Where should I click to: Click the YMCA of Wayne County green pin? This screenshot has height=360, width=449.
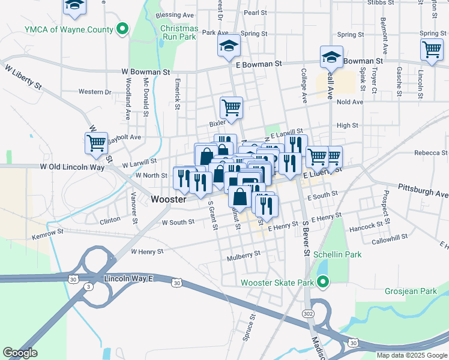pos(122,29)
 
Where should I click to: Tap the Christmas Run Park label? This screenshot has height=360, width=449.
pos(179,32)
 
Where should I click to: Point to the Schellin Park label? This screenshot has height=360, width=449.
pos(337,254)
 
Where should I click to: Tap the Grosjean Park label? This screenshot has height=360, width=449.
pos(411,291)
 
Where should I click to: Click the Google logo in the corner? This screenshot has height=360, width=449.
pos(20,353)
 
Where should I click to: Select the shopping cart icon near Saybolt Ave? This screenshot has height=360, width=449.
pos(96,143)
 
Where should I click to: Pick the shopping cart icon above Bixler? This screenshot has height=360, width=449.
pos(231,108)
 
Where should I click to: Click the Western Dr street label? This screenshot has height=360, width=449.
pos(95,92)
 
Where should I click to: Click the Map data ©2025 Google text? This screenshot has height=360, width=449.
pos(411,355)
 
